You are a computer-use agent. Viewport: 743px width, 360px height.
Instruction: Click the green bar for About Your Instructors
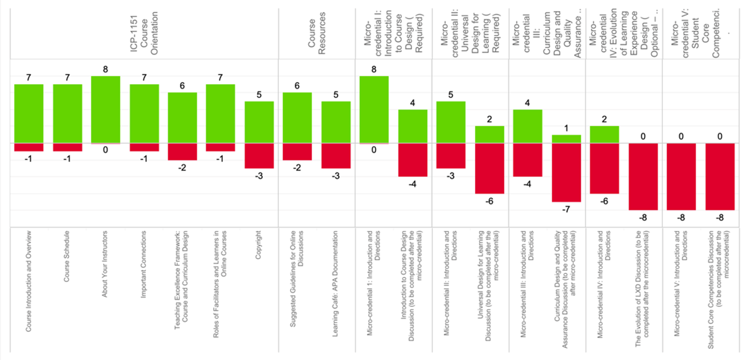(x=105, y=109)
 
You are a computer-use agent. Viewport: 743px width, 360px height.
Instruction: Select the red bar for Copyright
(x=259, y=155)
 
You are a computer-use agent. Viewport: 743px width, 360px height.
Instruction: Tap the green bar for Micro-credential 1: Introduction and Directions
(x=374, y=109)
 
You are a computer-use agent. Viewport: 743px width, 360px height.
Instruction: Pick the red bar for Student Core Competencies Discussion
(x=720, y=176)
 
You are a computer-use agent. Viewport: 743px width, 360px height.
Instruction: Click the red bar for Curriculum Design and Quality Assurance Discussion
(x=566, y=172)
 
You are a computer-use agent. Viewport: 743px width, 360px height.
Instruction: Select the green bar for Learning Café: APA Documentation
(x=336, y=122)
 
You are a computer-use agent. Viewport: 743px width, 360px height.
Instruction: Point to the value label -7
(x=566, y=209)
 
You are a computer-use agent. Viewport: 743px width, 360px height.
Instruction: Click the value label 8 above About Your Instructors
(x=105, y=69)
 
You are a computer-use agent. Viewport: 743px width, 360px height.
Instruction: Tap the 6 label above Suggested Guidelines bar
(x=297, y=86)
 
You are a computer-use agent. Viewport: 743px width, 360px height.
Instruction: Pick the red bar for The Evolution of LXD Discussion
(x=643, y=176)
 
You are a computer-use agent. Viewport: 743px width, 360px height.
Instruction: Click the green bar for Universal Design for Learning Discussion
(x=489, y=134)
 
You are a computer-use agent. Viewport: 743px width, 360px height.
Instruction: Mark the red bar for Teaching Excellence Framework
(x=182, y=151)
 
